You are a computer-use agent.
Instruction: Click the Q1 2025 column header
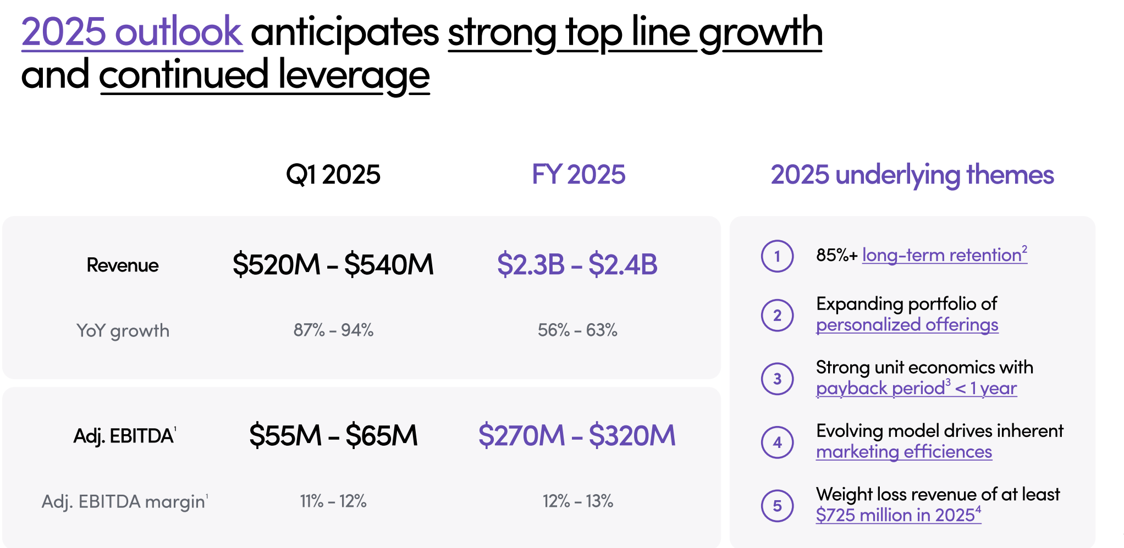333,175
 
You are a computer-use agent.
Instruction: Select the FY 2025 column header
578,175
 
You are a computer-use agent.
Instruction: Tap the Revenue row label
123,265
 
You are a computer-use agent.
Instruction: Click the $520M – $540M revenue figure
333,264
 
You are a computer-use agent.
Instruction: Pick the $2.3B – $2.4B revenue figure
577,264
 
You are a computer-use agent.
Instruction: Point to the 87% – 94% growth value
333,330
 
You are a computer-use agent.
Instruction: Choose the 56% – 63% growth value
577,330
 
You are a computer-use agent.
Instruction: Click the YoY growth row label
123,330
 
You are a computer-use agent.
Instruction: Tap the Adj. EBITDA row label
124,436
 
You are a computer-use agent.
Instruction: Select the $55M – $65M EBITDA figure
333,435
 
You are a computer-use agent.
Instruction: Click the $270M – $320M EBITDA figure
577,435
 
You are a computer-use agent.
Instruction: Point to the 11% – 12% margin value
333,501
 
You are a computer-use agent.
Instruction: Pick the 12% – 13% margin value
577,501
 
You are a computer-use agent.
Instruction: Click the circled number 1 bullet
777,256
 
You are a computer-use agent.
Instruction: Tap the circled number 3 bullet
777,379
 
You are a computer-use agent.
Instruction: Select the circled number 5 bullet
777,506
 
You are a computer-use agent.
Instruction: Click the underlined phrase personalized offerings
907,325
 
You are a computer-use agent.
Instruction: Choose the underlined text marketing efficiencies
903,452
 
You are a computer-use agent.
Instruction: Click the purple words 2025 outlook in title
132,32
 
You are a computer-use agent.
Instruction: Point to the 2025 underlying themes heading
912,175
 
